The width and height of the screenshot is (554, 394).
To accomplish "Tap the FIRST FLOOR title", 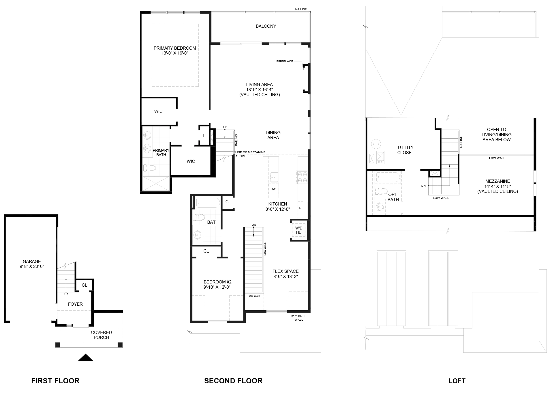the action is point(55,381).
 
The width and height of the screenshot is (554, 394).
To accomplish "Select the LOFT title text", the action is point(457,381).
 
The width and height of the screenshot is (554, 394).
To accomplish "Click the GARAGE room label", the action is point(32,262).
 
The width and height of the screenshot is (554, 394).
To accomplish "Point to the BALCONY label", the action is point(266,26).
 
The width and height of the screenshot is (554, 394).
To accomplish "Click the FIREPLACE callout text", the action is point(285,61).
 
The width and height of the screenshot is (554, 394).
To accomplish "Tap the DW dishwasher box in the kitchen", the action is point(273,189).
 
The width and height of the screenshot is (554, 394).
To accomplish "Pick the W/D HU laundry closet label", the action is point(299,230).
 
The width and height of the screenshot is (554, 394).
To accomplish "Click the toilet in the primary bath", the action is point(150,168).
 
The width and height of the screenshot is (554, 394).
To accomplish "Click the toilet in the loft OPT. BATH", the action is point(382,191).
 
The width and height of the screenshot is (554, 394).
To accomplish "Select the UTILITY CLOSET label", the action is point(405,150).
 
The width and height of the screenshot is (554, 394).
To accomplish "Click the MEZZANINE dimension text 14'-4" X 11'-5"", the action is point(497,186).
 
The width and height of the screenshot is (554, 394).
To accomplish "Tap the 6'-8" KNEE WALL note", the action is point(299,318).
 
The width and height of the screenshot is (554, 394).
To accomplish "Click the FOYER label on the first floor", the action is point(75,304).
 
